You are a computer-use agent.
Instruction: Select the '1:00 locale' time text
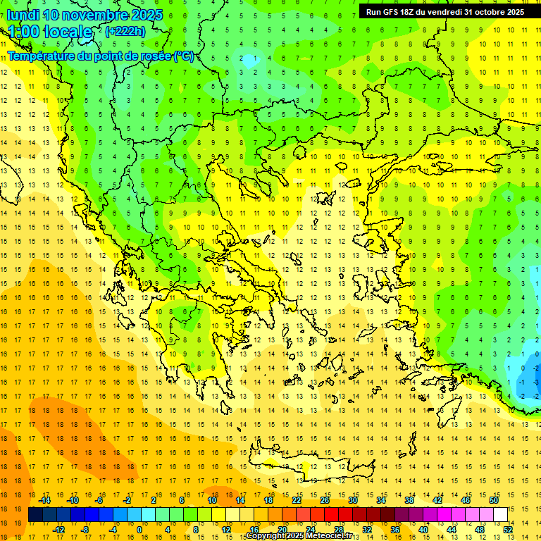50,32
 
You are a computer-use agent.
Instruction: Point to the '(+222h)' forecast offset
125,31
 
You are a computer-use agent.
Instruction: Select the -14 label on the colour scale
46,500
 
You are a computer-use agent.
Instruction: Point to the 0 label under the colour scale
139,530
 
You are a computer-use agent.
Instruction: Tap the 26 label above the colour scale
325,500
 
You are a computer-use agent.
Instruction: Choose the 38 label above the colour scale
409,500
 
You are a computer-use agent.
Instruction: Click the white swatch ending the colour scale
501,515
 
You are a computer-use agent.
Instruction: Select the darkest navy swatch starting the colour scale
35,515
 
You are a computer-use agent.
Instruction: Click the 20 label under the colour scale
282,530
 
